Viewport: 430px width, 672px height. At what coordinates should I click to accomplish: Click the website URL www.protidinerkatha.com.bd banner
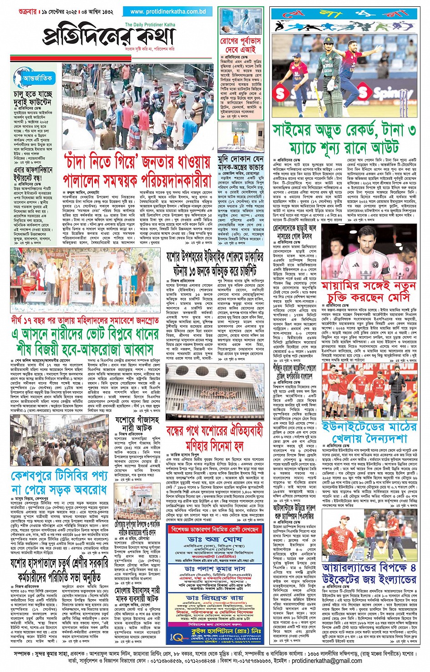pyautogui.click(x=167, y=11)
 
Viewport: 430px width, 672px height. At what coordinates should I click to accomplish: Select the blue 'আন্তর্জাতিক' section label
pyautogui.click(x=37, y=78)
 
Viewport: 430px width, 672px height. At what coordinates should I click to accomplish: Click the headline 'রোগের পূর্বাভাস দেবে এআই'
pyautogui.click(x=241, y=45)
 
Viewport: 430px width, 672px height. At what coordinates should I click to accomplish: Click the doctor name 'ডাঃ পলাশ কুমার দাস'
pyautogui.click(x=221, y=569)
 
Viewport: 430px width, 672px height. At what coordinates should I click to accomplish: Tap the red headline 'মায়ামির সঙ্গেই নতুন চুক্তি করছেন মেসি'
pyautogui.click(x=369, y=292)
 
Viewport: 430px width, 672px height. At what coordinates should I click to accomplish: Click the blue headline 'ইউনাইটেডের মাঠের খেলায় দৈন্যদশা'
pyautogui.click(x=369, y=432)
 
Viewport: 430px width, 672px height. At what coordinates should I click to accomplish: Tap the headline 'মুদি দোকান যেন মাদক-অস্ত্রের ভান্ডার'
pyautogui.click(x=241, y=163)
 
